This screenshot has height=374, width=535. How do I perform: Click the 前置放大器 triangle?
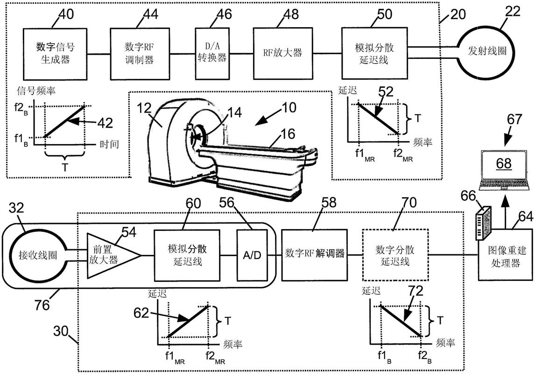tap(110, 255)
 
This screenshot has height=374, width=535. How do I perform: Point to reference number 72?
tap(415, 292)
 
